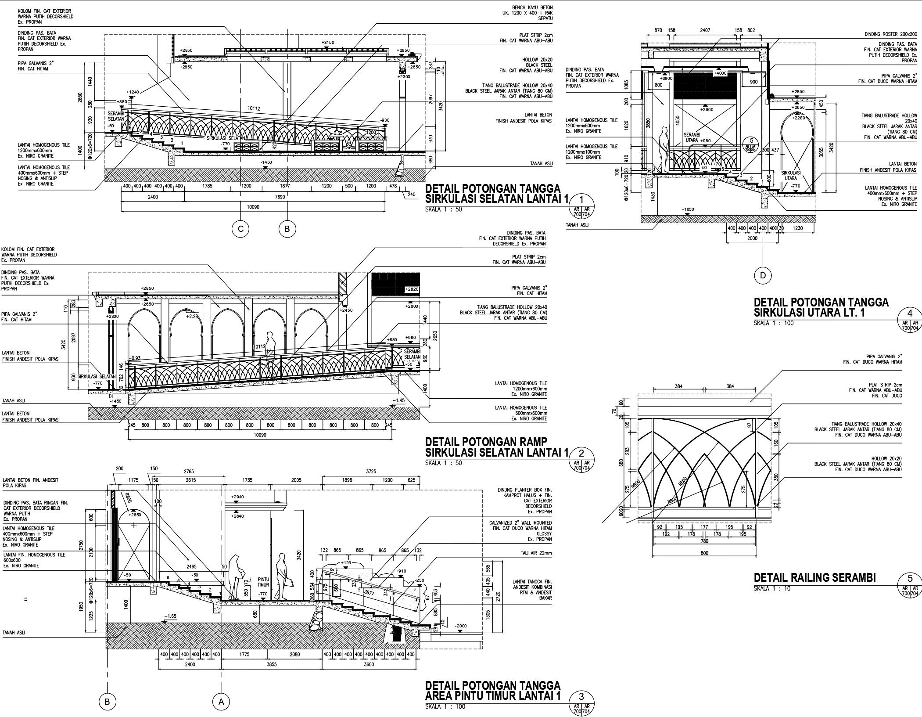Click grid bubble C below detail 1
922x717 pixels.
[x=240, y=229]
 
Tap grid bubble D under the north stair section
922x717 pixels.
[x=763, y=275]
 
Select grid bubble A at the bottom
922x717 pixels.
[x=221, y=702]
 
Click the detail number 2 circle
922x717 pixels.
[x=581, y=454]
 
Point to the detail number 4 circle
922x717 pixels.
[x=910, y=313]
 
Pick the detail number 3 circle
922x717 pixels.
[x=581, y=696]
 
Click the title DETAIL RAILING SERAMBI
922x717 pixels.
[x=814, y=578]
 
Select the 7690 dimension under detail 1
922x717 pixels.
[x=280, y=197]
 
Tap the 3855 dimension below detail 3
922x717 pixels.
[x=271, y=664]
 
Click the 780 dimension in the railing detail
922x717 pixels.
[x=704, y=541]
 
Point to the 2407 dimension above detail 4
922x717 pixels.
[x=705, y=30]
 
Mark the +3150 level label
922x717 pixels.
[x=327, y=43]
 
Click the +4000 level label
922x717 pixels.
[x=720, y=73]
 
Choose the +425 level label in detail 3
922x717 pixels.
[x=346, y=562]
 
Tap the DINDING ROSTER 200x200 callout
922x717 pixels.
[x=890, y=34]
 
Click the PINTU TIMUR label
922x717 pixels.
[x=263, y=582]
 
